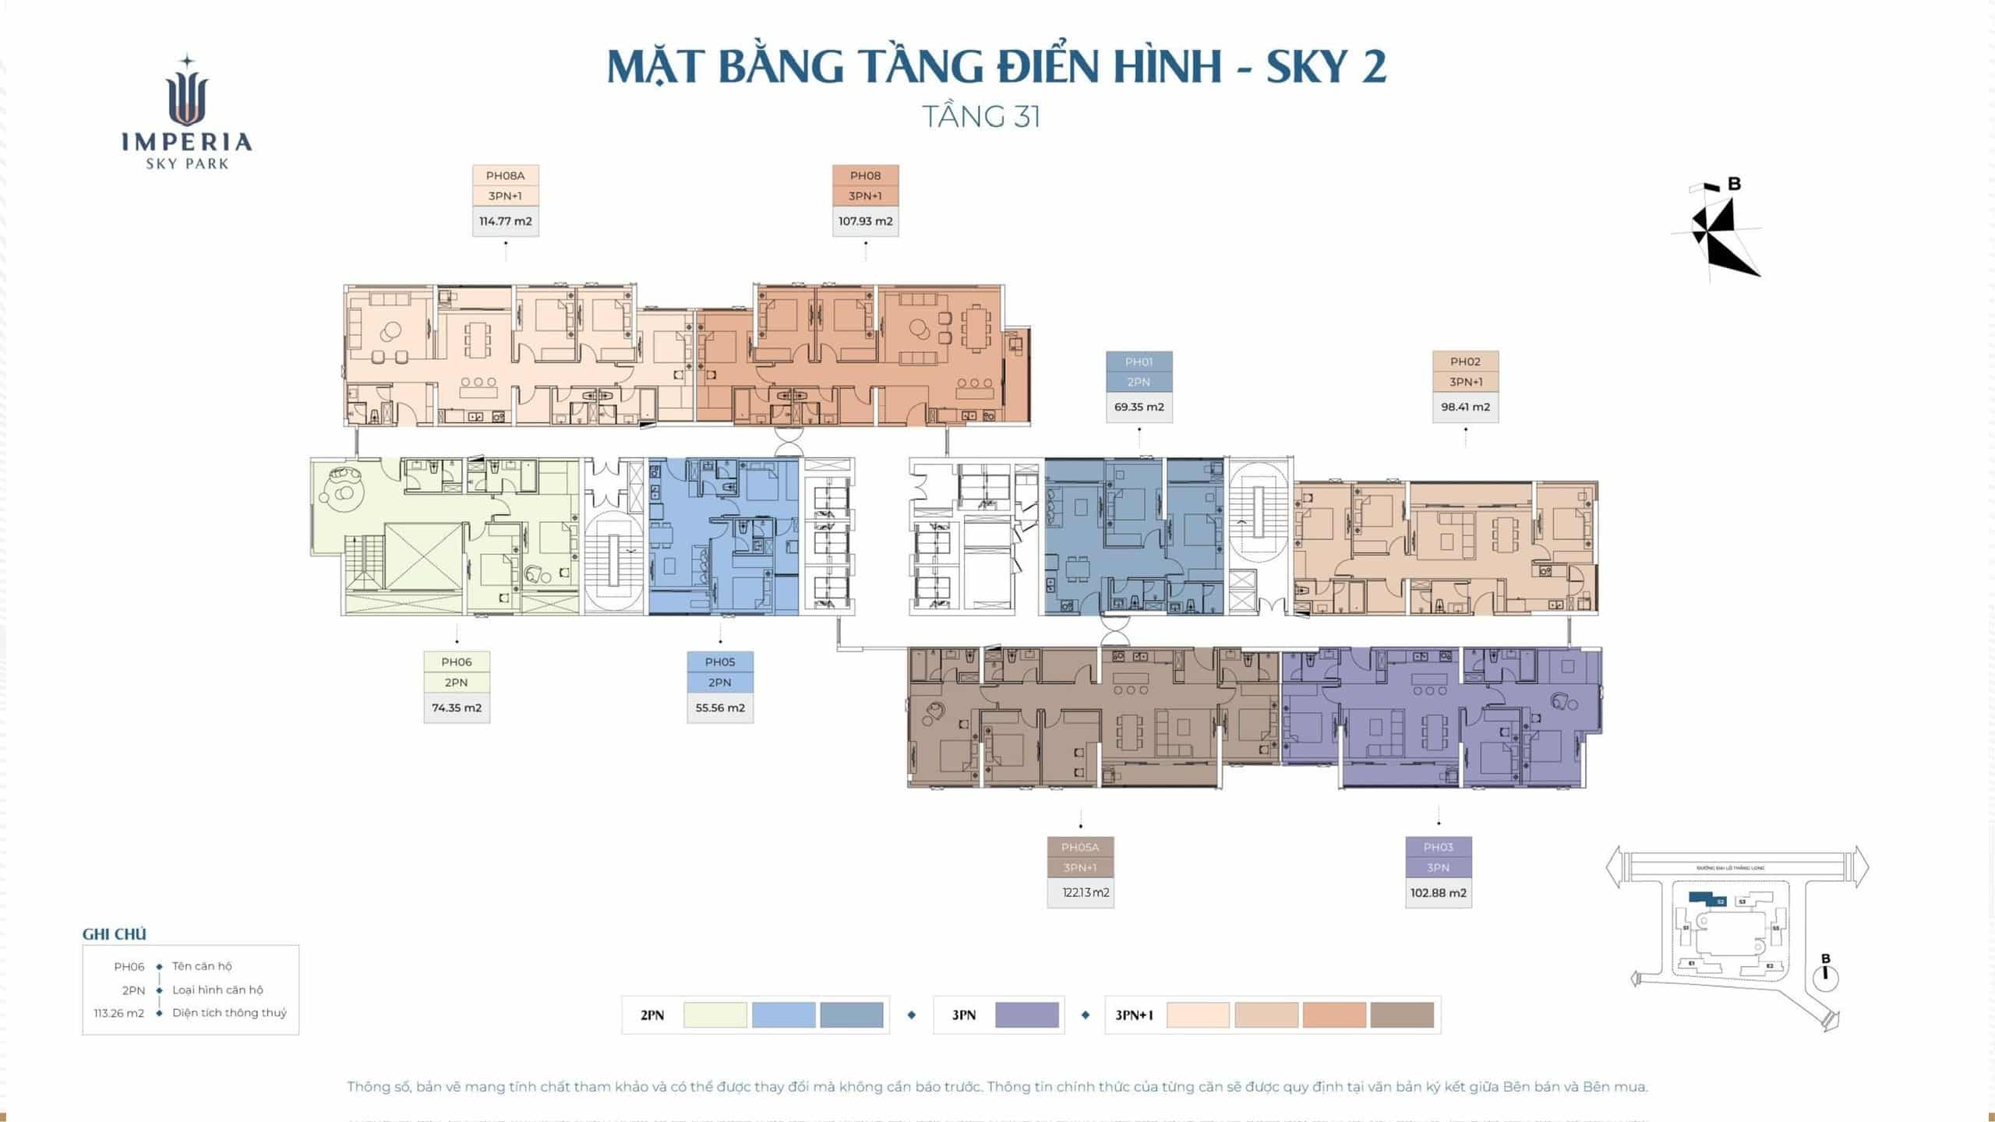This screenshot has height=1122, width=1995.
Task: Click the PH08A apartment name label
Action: [505, 176]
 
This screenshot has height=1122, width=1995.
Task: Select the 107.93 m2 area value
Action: [865, 221]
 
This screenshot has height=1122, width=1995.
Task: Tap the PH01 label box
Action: [1139, 362]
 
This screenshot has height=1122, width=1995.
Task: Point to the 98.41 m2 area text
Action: [1465, 407]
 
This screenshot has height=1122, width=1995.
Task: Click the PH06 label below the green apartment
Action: [456, 662]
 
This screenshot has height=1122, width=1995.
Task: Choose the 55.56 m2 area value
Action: [720, 708]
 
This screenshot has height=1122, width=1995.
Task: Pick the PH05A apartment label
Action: [1079, 848]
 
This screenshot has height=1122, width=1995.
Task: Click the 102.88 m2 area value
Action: [1438, 893]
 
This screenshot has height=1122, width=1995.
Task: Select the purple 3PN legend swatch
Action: [1026, 1015]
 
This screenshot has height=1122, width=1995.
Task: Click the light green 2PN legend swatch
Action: [715, 1015]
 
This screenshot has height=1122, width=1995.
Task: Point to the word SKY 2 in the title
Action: [1326, 67]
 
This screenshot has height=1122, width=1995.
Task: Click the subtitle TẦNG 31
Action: [981, 117]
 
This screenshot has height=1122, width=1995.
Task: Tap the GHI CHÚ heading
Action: [114, 934]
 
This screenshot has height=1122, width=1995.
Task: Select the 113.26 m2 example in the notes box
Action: [118, 1014]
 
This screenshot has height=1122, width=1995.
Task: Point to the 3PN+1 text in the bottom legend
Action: [1134, 1015]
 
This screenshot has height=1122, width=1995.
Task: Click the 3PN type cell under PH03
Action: [1438, 868]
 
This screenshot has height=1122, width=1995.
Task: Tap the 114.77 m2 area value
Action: [505, 221]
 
